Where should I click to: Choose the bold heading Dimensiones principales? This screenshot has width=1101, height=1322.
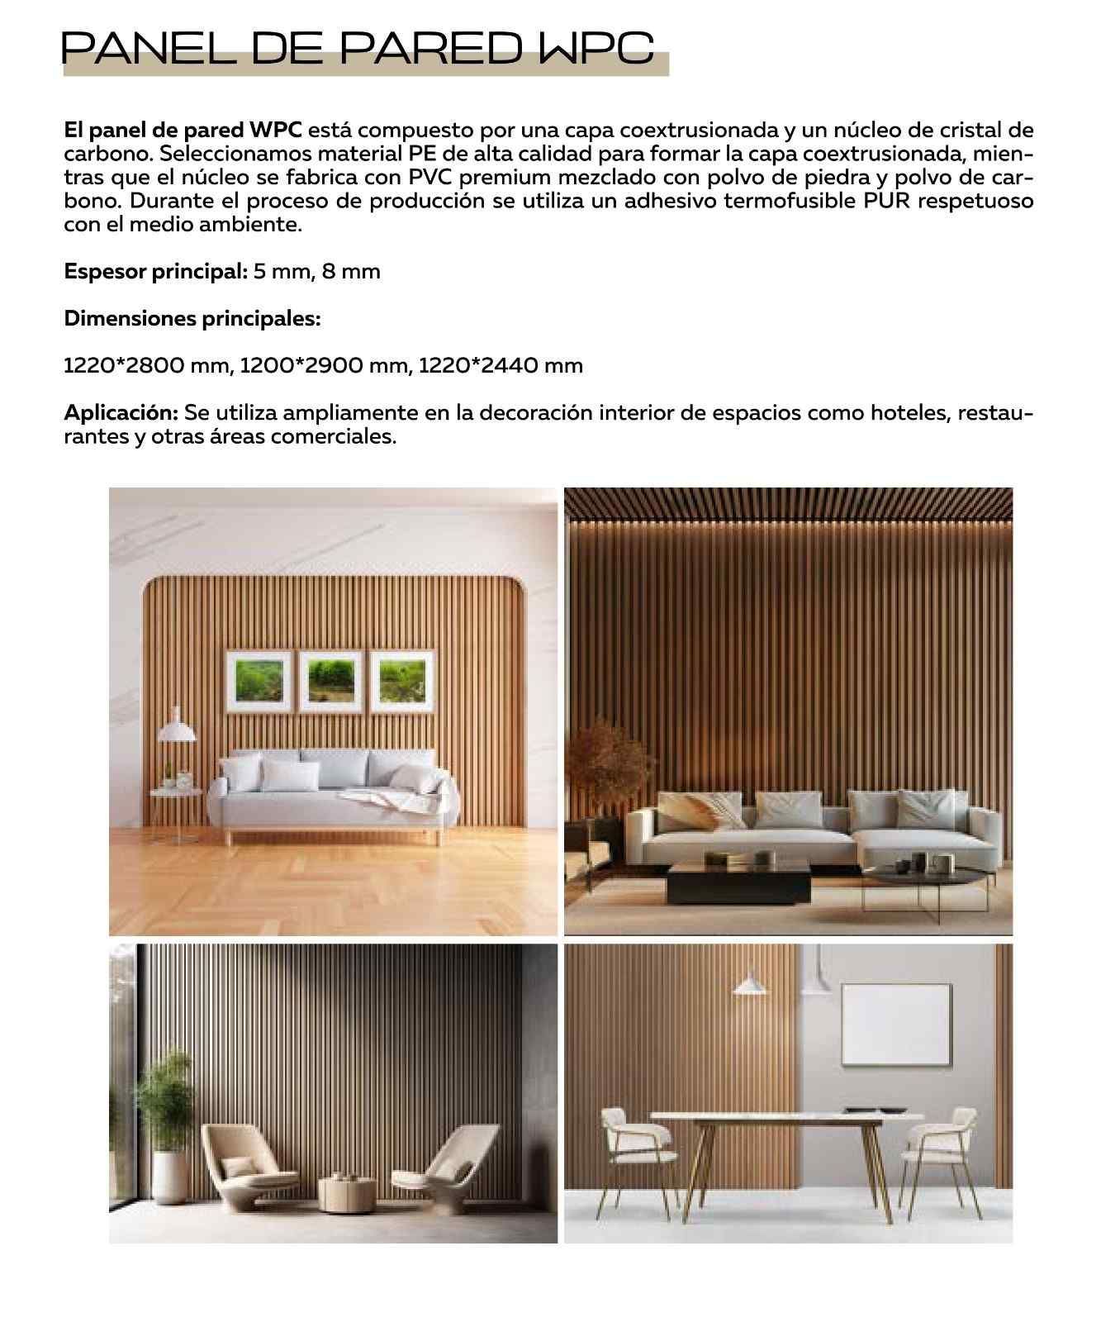pos(192,318)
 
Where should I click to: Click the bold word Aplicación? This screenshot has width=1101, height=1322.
pos(121,412)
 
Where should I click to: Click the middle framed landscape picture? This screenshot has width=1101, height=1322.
pos(331,681)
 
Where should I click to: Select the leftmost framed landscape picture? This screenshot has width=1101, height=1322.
pos(259,681)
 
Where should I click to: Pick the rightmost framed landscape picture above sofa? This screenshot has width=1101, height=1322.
pos(403,681)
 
